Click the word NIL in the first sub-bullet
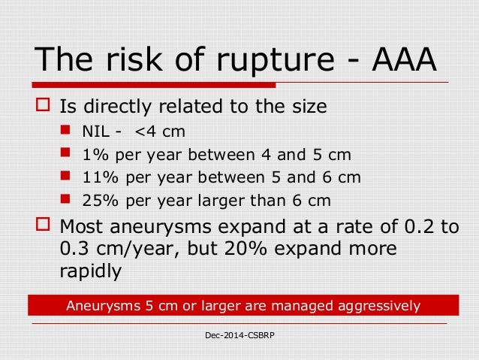(x=95, y=134)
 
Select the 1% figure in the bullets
(x=93, y=156)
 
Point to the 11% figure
(x=98, y=178)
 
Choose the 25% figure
(x=98, y=201)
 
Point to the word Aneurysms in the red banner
(x=97, y=306)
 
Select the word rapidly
(x=89, y=271)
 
